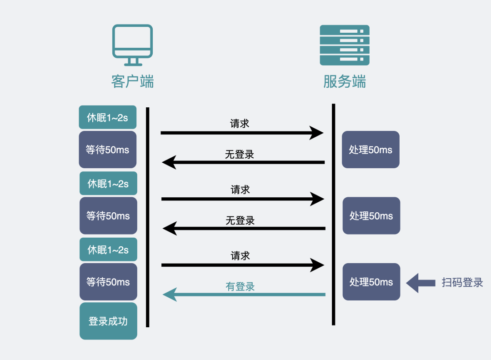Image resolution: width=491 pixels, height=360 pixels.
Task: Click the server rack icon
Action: point(344,45)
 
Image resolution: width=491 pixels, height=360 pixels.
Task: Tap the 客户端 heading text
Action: point(132,82)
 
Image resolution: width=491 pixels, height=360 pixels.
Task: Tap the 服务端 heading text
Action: point(344,82)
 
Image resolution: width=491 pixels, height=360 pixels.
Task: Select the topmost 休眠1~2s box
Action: point(108,118)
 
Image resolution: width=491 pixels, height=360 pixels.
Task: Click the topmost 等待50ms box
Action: point(108,150)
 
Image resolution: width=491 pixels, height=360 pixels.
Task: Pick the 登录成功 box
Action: point(108,321)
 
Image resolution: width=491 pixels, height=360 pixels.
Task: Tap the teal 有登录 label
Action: point(240,286)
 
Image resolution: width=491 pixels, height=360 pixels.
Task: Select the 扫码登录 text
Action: point(462,283)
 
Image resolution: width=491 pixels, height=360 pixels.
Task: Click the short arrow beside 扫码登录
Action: point(420,283)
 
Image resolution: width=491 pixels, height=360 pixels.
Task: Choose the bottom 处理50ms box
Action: point(371,282)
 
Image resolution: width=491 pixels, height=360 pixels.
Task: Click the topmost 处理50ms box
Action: point(371,150)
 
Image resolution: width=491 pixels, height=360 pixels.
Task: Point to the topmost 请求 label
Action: point(240,123)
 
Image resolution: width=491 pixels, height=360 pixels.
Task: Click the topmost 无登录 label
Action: point(240,155)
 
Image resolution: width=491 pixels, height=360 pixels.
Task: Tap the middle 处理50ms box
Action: point(371,215)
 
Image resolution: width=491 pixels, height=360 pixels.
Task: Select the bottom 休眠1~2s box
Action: point(108,250)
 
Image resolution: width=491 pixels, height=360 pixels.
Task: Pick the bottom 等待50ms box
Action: point(108,282)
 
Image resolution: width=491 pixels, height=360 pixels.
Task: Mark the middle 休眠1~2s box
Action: point(108,184)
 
